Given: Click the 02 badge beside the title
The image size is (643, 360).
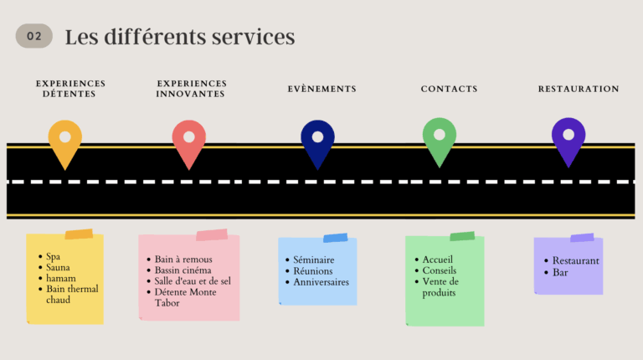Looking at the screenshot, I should (33, 36).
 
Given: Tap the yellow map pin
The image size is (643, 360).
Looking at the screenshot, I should (65, 141).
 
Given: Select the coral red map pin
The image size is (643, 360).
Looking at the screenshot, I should (189, 141).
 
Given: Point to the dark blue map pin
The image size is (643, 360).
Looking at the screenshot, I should (317, 141).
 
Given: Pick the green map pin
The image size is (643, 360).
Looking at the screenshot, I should (440, 139).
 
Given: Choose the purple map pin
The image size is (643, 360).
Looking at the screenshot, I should (568, 138).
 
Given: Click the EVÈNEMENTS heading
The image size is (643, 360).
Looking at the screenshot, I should (321, 89).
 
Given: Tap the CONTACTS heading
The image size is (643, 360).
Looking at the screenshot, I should (449, 89).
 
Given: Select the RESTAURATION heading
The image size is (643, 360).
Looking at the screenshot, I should (579, 89).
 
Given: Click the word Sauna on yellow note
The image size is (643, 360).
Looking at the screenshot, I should (59, 268).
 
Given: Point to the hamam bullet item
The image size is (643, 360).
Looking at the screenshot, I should (61, 279).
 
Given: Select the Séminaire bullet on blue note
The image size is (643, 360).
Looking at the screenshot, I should (314, 260).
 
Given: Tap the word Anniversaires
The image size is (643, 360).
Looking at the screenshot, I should (321, 282).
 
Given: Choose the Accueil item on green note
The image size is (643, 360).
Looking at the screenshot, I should (438, 260).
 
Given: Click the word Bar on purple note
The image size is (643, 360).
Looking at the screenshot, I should (560, 272).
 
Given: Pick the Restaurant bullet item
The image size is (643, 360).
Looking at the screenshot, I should (576, 260).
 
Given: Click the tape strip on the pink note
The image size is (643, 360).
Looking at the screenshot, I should (212, 235).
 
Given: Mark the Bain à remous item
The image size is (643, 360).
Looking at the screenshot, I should (183, 260).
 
